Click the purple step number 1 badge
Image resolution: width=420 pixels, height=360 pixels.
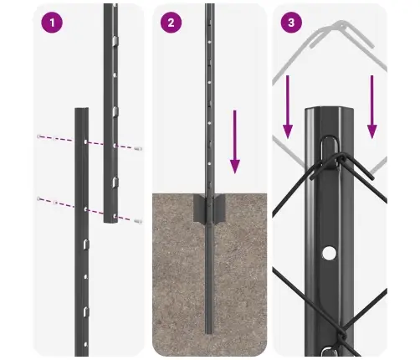(53, 23)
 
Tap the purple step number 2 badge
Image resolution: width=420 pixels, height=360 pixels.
(171, 23)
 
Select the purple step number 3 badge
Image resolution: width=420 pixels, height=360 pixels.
(290, 23)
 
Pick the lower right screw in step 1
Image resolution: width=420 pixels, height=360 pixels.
(138, 221)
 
